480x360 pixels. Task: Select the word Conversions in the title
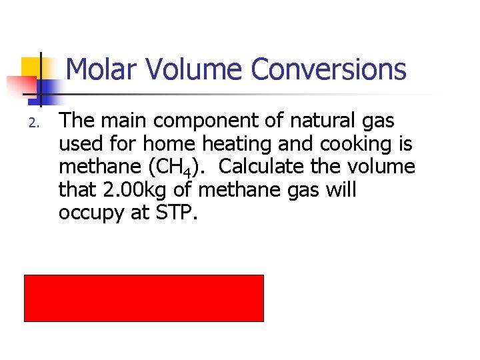click(x=328, y=69)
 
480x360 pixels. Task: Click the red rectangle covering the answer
click(x=144, y=298)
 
